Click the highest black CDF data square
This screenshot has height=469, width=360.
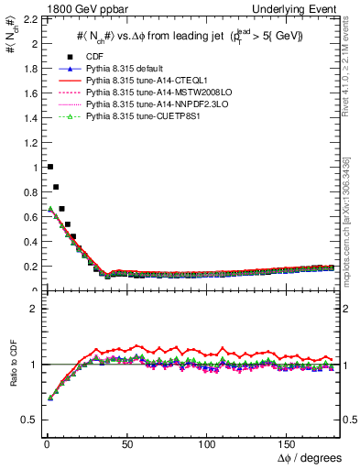(x=49, y=167)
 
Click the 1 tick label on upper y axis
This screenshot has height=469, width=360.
(x=35, y=168)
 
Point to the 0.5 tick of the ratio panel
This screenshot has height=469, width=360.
(x=31, y=420)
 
